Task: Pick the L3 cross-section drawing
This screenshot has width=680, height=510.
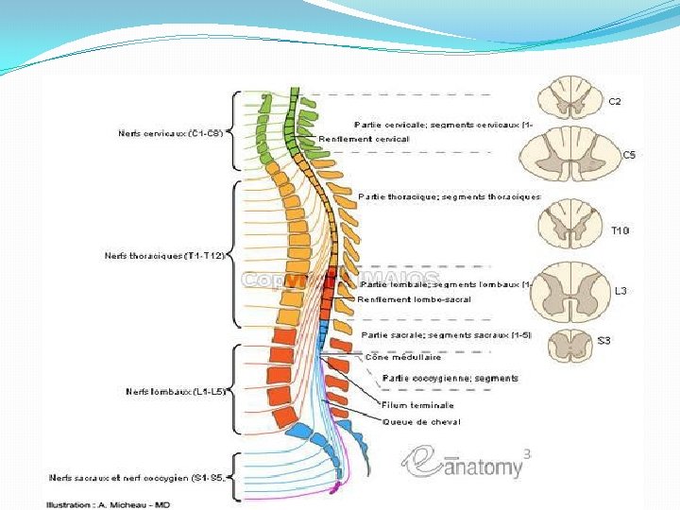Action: tap(570, 291)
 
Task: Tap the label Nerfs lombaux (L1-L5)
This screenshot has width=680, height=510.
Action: tap(176, 391)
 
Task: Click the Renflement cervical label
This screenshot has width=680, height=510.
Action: tap(365, 139)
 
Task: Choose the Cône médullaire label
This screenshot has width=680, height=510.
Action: tap(403, 357)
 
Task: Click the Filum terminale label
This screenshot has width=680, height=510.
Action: tap(411, 405)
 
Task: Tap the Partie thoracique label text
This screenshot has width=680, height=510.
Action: tap(450, 196)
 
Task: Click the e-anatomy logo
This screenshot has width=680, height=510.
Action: tap(463, 463)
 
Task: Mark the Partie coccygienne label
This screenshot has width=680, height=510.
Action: tap(450, 379)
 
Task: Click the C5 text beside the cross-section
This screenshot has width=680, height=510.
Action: tap(628, 154)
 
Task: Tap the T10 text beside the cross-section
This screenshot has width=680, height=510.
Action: tap(620, 229)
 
